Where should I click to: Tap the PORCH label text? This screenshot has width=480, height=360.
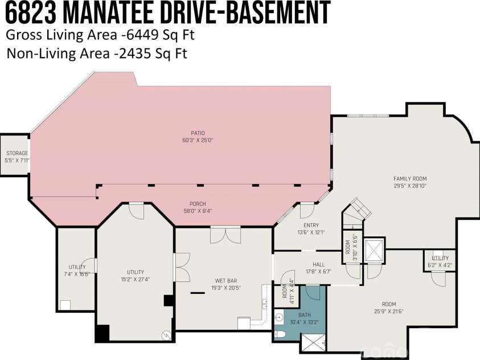[x=198, y=204]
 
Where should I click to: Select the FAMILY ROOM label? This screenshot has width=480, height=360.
[x=410, y=178]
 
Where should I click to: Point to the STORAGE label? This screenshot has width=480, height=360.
[x=17, y=153]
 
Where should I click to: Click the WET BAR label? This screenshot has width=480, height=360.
[x=222, y=280]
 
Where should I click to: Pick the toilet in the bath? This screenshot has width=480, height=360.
[x=280, y=334]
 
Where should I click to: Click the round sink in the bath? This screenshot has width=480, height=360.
[x=278, y=317]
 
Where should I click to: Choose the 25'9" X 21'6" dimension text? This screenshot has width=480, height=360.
[x=388, y=312]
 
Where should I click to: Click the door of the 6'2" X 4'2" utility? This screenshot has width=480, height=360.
[x=437, y=279]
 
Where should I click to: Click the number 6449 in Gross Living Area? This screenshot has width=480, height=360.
[x=136, y=35]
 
